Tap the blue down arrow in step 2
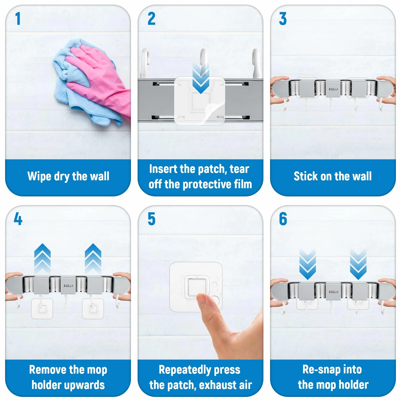(x=201, y=78)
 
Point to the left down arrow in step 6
(x=308, y=265)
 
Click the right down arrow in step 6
(x=358, y=265)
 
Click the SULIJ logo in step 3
(x=333, y=89)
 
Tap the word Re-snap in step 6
(x=319, y=370)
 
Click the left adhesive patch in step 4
(x=42, y=308)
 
